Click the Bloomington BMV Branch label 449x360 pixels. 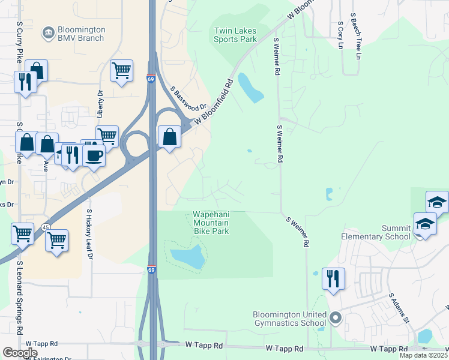[x=80, y=34]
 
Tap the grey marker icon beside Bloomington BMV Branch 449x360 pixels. [x=47, y=31]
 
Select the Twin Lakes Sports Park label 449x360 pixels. [x=235, y=35]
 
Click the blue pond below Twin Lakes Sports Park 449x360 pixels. [x=250, y=88]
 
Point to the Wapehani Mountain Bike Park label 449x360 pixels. [x=210, y=223]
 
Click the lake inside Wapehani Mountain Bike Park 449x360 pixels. [x=188, y=256]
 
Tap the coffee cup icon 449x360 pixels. [x=94, y=156]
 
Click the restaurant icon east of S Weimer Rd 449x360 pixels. [x=333, y=278]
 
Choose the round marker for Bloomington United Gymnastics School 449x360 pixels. [x=335, y=317]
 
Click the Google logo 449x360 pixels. [x=20, y=353]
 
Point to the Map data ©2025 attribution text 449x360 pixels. [x=424, y=356]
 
